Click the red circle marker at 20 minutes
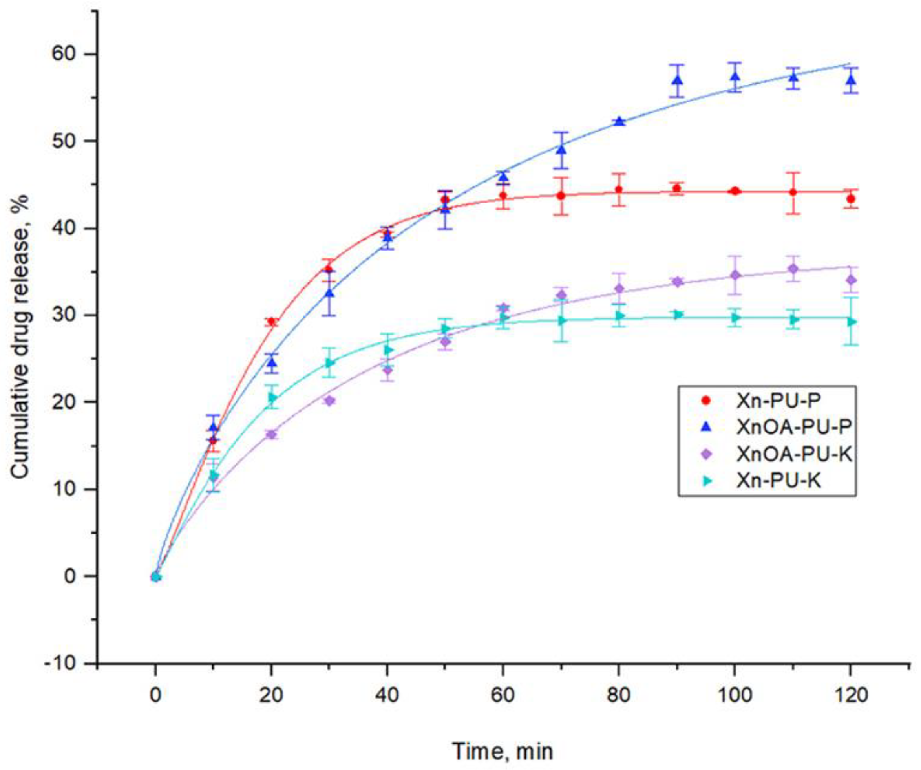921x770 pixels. point(272,322)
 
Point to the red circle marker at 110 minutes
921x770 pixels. point(793,192)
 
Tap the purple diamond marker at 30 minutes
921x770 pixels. point(330,400)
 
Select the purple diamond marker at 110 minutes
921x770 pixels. point(793,269)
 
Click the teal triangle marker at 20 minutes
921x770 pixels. point(272,397)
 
